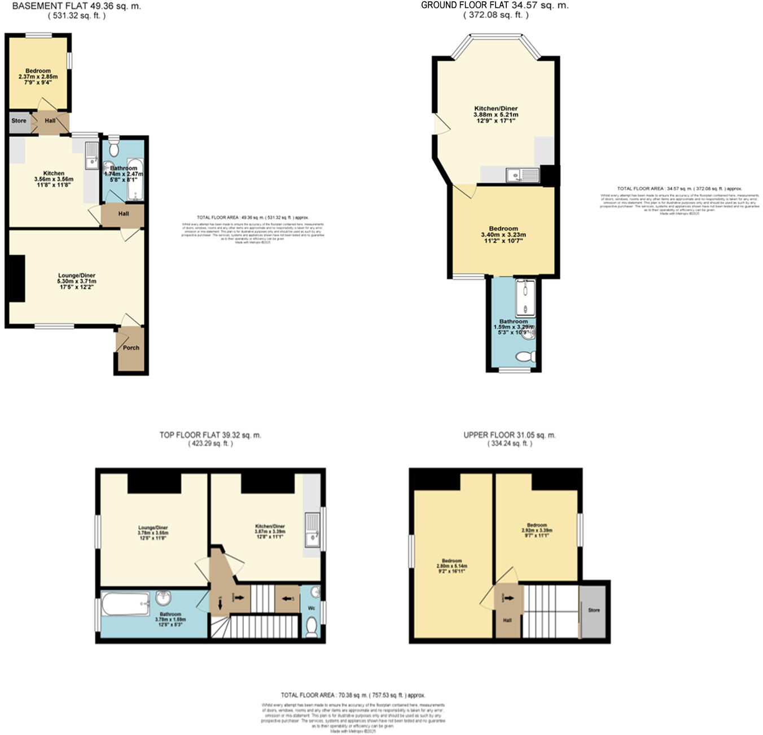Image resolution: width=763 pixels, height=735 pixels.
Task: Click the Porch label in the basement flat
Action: (131, 348)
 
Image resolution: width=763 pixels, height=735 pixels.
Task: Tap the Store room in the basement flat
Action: (19, 121)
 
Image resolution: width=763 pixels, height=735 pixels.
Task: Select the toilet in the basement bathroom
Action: (114, 148)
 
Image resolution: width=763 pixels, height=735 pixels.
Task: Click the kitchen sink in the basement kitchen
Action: (91, 156)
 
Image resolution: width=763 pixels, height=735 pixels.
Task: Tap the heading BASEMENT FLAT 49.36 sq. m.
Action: (77, 6)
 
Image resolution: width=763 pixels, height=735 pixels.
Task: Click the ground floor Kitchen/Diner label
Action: (495, 108)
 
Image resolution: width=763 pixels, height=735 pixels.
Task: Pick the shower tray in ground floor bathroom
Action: (525, 296)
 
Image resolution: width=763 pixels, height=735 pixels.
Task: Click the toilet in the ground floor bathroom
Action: (526, 357)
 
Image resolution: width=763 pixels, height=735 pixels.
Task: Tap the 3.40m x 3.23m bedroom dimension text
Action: (503, 235)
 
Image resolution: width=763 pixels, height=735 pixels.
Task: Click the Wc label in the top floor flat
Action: (312, 609)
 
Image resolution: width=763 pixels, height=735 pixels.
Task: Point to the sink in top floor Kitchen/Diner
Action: (312, 530)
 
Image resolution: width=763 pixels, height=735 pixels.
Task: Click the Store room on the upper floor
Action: (594, 610)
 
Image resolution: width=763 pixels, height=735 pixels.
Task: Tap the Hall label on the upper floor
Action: (507, 620)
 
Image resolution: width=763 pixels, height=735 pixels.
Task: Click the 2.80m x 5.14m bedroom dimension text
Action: (451, 566)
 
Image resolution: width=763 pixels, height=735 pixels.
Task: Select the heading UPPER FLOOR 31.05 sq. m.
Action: (509, 435)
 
